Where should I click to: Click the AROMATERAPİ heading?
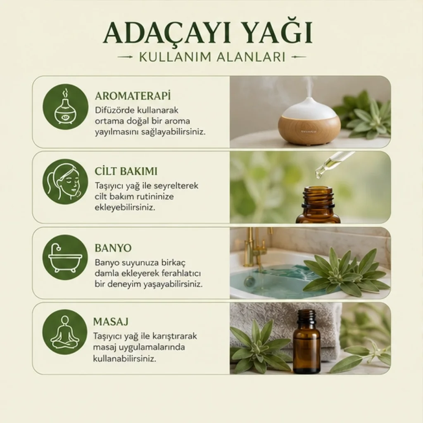pyautogui.click(x=133, y=96)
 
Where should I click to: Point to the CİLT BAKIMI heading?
pyautogui.click(x=126, y=171)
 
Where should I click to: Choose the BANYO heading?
pyautogui.click(x=113, y=248)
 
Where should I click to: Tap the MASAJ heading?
pyautogui.click(x=111, y=321)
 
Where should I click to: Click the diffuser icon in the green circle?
pyautogui.click(x=66, y=107)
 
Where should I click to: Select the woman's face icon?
pyautogui.click(x=65, y=182)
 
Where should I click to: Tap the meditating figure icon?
pyautogui.click(x=64, y=333)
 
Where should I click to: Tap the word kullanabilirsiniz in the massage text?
pyautogui.click(x=125, y=359)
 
